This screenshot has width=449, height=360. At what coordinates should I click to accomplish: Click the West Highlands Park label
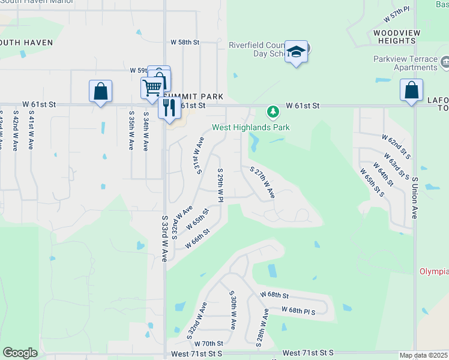click(x=250, y=127)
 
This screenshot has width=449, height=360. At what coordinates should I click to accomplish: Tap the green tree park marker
click(x=273, y=112)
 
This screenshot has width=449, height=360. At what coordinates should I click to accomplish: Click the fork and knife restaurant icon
click(x=169, y=107)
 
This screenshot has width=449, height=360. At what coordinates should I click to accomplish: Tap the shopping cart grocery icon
click(x=152, y=87)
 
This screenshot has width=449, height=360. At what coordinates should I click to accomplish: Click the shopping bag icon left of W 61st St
click(x=100, y=91)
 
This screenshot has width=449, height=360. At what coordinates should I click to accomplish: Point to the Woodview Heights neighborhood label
click(x=394, y=37)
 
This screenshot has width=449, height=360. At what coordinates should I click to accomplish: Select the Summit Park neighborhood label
click(x=193, y=96)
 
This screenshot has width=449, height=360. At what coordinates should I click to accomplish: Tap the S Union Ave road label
click(x=414, y=197)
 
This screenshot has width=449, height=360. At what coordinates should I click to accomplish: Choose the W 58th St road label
click(x=184, y=42)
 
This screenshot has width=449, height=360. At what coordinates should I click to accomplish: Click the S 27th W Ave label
click(x=262, y=184)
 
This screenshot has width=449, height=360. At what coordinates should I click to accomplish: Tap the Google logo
click(x=20, y=353)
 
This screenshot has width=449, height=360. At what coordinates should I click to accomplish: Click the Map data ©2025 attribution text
click(x=424, y=355)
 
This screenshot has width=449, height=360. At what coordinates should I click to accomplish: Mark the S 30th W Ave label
click(x=232, y=310)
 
